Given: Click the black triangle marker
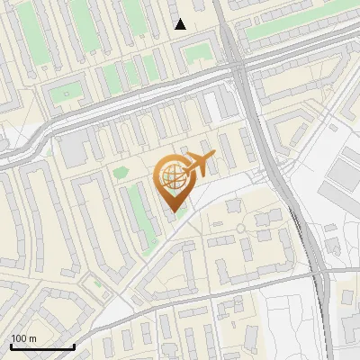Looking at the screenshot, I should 180,24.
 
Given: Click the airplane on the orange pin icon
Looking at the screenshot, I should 198,164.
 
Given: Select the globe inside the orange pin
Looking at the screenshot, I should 171,176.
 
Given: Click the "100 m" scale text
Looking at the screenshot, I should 23,337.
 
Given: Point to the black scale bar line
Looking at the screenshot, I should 42,346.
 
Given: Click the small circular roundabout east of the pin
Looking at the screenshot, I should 241,228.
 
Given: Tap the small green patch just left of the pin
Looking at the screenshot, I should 121,171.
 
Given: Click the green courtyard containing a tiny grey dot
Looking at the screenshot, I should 65,93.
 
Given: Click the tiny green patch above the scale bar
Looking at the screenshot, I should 97,282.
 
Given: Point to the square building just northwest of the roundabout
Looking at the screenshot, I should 233,206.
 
